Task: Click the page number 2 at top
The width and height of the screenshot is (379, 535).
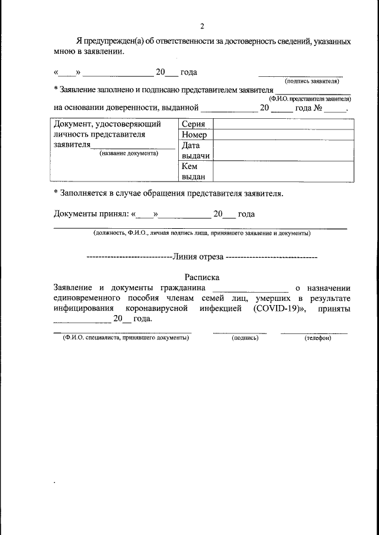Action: point(201,27)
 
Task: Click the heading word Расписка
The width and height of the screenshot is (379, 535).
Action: point(201,276)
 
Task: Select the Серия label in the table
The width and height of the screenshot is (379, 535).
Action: point(194,124)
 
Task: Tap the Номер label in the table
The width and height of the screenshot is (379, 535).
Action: point(195,135)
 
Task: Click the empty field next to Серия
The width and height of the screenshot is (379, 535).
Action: point(283,124)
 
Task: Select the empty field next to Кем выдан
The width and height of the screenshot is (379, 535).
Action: point(283,171)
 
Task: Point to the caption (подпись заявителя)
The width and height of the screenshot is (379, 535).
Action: point(313,80)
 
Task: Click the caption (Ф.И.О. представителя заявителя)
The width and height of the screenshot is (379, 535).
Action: point(310,99)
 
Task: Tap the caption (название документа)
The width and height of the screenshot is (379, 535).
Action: point(129,153)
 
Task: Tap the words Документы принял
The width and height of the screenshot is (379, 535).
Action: point(90,214)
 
